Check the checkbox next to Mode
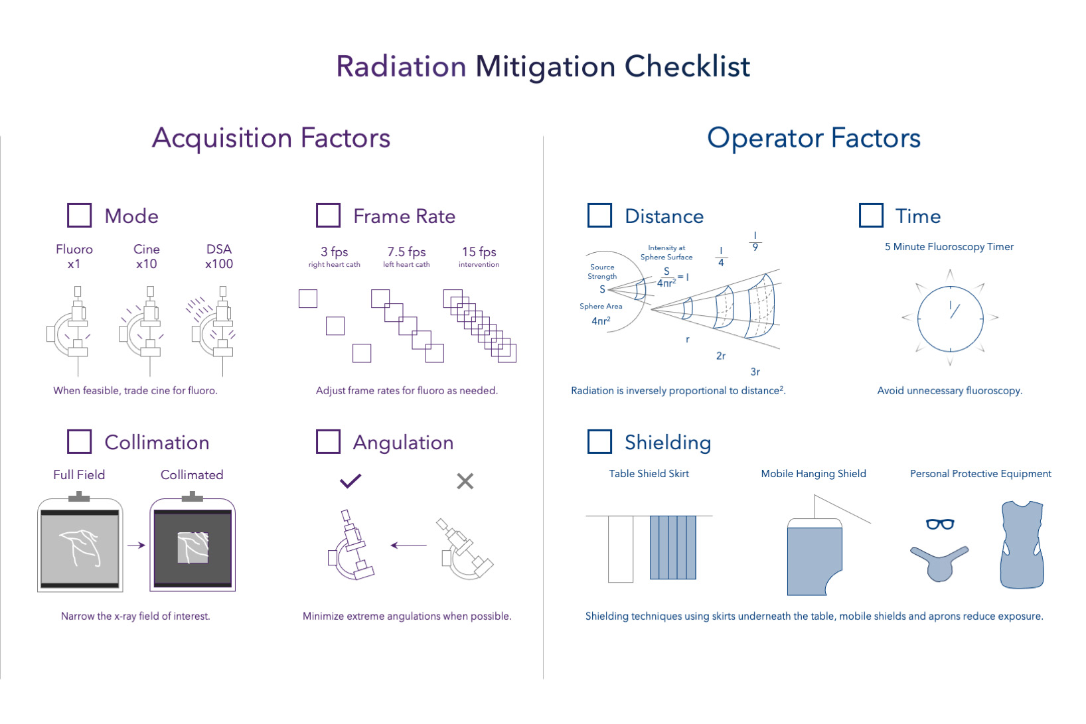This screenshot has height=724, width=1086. (x=79, y=216)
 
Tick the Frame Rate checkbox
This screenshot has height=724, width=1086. (x=328, y=216)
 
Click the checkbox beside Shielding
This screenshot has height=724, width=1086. (x=599, y=441)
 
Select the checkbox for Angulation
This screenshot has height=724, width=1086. (x=328, y=441)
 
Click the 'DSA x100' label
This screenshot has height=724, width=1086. (x=219, y=256)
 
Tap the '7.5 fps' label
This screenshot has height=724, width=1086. (x=406, y=252)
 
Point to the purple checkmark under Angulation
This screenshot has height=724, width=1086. (x=350, y=480)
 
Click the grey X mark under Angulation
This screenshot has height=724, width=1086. (x=465, y=481)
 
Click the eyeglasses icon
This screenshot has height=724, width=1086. (x=940, y=524)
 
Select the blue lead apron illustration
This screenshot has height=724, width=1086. (x=1022, y=545)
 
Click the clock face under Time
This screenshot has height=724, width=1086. (x=950, y=319)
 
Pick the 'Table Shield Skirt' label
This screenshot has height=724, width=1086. (x=649, y=474)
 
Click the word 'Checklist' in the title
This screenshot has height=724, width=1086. (x=687, y=66)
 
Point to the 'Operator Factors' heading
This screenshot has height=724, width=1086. (x=814, y=138)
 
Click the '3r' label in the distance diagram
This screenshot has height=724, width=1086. (x=755, y=372)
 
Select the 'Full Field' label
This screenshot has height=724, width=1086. (x=79, y=475)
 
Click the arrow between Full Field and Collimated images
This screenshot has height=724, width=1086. (x=136, y=545)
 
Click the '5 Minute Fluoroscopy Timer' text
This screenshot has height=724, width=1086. (x=949, y=247)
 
